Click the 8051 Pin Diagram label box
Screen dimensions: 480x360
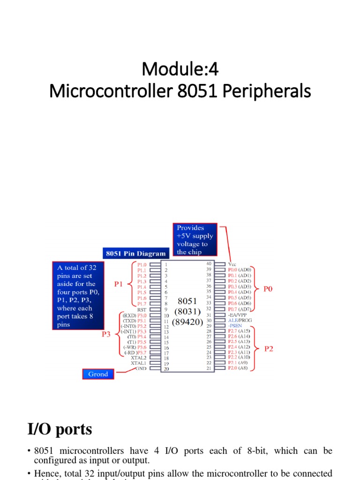135,254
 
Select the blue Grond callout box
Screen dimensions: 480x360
98,374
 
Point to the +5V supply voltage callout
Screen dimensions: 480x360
195,240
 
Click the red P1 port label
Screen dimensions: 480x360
119,284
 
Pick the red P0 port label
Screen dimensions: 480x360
268,289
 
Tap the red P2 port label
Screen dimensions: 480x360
268,349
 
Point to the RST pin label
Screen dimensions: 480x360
142,309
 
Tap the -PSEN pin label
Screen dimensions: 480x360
236,325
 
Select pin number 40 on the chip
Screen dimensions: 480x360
209,264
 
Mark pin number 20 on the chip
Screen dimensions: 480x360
166,368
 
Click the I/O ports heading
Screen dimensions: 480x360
60,429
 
